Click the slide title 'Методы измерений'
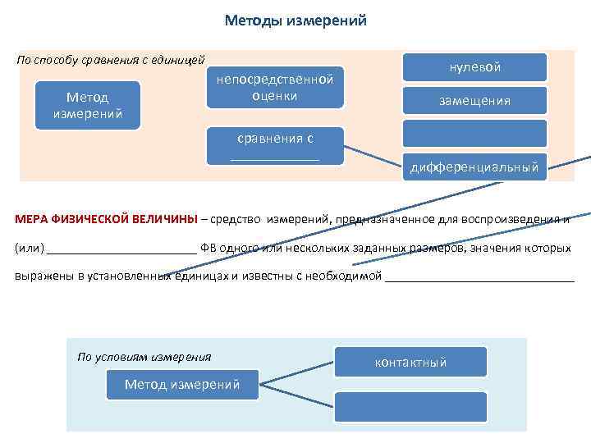pyautogui.click(x=295, y=21)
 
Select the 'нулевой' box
pyautogui.click(x=474, y=67)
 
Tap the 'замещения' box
pyautogui.click(x=474, y=100)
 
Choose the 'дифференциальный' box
pyautogui.click(x=474, y=167)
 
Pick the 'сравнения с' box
pyautogui.click(x=275, y=146)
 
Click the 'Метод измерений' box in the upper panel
pyautogui.click(x=88, y=105)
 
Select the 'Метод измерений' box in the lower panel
pyautogui.click(x=182, y=384)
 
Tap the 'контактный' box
pyautogui.click(x=410, y=362)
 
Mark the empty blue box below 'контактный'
pyautogui.click(x=410, y=406)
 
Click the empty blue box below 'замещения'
pyautogui.click(x=474, y=134)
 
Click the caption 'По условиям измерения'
pyautogui.click(x=144, y=357)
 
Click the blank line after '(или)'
pyautogui.click(x=121, y=249)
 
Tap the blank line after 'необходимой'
pyautogui.click(x=479, y=276)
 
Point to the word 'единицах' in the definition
pyautogui.click(x=200, y=276)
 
